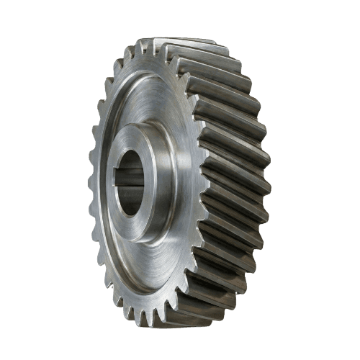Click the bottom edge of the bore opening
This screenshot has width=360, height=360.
[x=130, y=215]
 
